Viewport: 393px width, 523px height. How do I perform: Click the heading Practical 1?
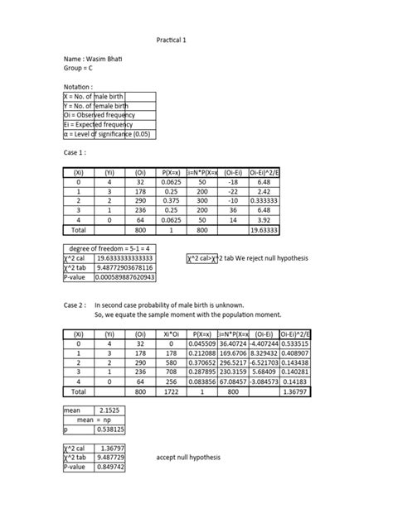pyautogui.click(x=172, y=40)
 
